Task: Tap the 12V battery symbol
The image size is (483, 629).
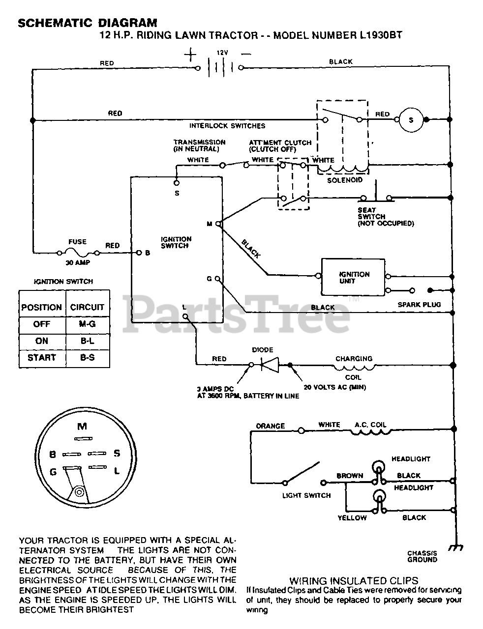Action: pyautogui.click(x=220, y=68)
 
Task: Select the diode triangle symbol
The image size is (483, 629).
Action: pyautogui.click(x=270, y=365)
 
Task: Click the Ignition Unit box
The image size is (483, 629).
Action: pyautogui.click(x=353, y=277)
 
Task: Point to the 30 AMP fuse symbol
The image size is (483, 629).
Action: pyautogui.click(x=78, y=253)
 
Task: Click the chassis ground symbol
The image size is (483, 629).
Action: pyautogui.click(x=456, y=547)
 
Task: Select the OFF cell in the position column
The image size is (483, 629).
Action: pyautogui.click(x=42, y=324)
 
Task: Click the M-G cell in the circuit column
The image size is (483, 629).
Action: pyautogui.click(x=88, y=324)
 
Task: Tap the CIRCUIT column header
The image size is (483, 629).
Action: pyautogui.click(x=87, y=307)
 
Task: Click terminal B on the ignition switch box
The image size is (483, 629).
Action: pyautogui.click(x=139, y=253)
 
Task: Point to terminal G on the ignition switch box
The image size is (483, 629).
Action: pyautogui.click(x=217, y=279)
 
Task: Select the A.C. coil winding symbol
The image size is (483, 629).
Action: pyautogui.click(x=371, y=432)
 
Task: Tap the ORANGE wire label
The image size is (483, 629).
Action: pyautogui.click(x=271, y=426)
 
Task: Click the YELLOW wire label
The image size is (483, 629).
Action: pyautogui.click(x=352, y=518)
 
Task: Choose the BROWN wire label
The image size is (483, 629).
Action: pyautogui.click(x=350, y=476)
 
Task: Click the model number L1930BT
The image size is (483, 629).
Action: pyautogui.click(x=381, y=35)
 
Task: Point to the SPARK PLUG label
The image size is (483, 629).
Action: pyautogui.click(x=419, y=305)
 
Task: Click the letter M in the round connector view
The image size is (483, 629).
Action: pyautogui.click(x=82, y=426)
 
